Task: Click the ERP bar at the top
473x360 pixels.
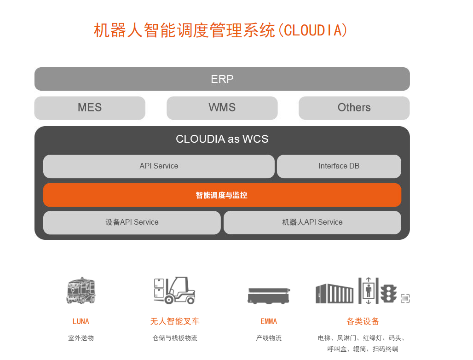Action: (x=222, y=79)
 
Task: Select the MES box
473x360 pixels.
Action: (x=90, y=108)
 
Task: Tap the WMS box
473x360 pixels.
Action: (x=222, y=108)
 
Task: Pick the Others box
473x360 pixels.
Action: (x=354, y=108)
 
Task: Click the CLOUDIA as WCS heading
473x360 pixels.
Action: (x=222, y=139)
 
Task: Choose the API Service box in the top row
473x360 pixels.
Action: (x=159, y=166)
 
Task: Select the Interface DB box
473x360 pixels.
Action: (x=339, y=166)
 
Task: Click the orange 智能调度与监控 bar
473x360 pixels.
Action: (x=222, y=195)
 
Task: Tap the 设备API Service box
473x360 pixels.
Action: (x=132, y=222)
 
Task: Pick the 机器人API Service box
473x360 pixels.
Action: (x=312, y=222)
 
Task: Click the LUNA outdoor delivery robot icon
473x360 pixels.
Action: (x=81, y=290)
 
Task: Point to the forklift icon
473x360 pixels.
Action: (x=174, y=290)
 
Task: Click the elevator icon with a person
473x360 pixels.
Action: (x=368, y=290)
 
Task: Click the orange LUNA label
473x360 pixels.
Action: (x=81, y=321)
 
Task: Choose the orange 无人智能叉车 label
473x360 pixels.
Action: (x=174, y=321)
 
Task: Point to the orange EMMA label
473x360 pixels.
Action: (x=269, y=321)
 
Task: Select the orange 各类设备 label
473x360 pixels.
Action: (x=363, y=321)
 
